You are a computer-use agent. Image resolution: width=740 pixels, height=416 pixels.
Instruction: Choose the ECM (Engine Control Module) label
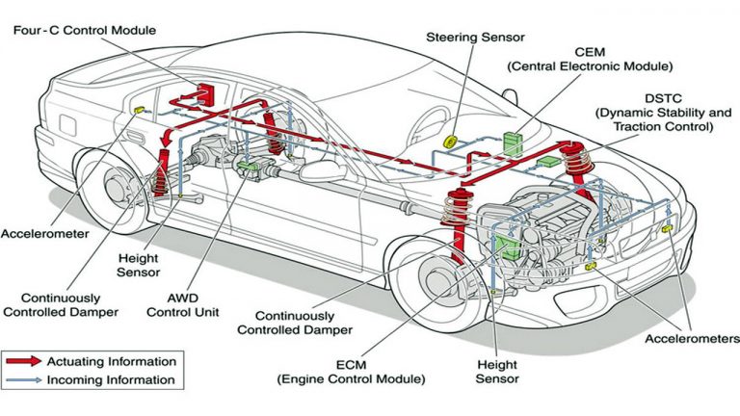pos(352,373)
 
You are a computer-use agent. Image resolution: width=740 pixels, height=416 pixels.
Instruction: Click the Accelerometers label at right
pos(692,339)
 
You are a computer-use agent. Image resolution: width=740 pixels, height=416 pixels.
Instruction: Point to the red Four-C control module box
pos(205,94)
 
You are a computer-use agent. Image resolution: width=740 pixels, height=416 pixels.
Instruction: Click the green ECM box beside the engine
pos(505,247)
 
